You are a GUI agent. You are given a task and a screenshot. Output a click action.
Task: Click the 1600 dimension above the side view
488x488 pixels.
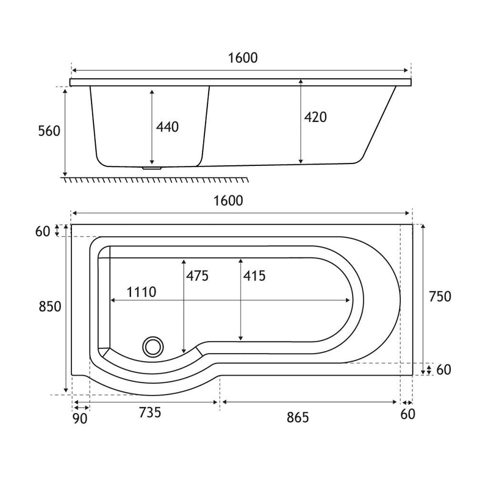click(243, 58)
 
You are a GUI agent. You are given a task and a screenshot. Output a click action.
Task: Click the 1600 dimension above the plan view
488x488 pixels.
click(228, 201)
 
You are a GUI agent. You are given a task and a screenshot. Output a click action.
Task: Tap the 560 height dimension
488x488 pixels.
click(49, 131)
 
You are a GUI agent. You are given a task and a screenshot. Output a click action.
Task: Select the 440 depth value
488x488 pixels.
click(167, 127)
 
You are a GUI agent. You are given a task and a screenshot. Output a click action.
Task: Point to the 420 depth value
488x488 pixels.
click(315, 117)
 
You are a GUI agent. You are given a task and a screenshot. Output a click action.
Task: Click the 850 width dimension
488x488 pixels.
click(50, 307)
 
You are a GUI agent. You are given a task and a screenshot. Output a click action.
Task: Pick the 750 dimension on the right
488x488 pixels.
click(440, 296)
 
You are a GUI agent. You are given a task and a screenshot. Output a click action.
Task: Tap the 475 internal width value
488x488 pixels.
click(197, 276)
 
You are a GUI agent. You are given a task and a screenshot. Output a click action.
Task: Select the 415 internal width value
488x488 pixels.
click(254, 276)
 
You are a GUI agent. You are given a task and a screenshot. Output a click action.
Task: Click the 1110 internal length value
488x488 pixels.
click(142, 292)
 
